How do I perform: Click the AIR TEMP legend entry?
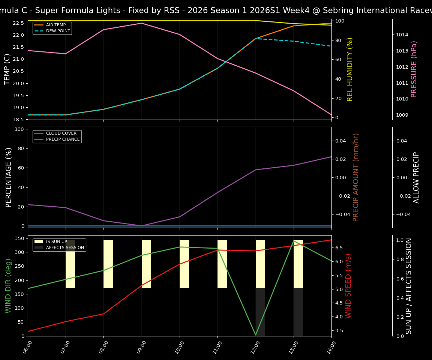pyautogui.click(x=55, y=25)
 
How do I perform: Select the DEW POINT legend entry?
pyautogui.click(x=58, y=31)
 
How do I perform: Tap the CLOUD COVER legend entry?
pyautogui.click(x=61, y=133)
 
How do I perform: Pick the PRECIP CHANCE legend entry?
pyautogui.click(x=63, y=139)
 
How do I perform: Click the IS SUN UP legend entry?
pyautogui.click(x=56, y=242)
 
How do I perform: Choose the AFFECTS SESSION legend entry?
pyautogui.click(x=64, y=248)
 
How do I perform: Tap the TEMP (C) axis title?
pyautogui.click(x=7, y=69)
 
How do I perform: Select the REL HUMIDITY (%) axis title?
pyautogui.click(x=350, y=69)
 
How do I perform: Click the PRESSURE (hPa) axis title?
pyautogui.click(x=414, y=69)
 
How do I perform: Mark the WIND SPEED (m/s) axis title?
pyautogui.click(x=348, y=286)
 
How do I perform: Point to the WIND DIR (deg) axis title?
pyautogui.click(x=8, y=286)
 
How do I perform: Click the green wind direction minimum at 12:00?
pyautogui.click(x=256, y=335)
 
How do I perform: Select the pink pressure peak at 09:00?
pyautogui.click(x=142, y=23)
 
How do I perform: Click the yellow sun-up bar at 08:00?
pyautogui.click(x=108, y=264)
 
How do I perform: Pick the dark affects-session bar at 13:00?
pyautogui.click(x=298, y=312)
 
